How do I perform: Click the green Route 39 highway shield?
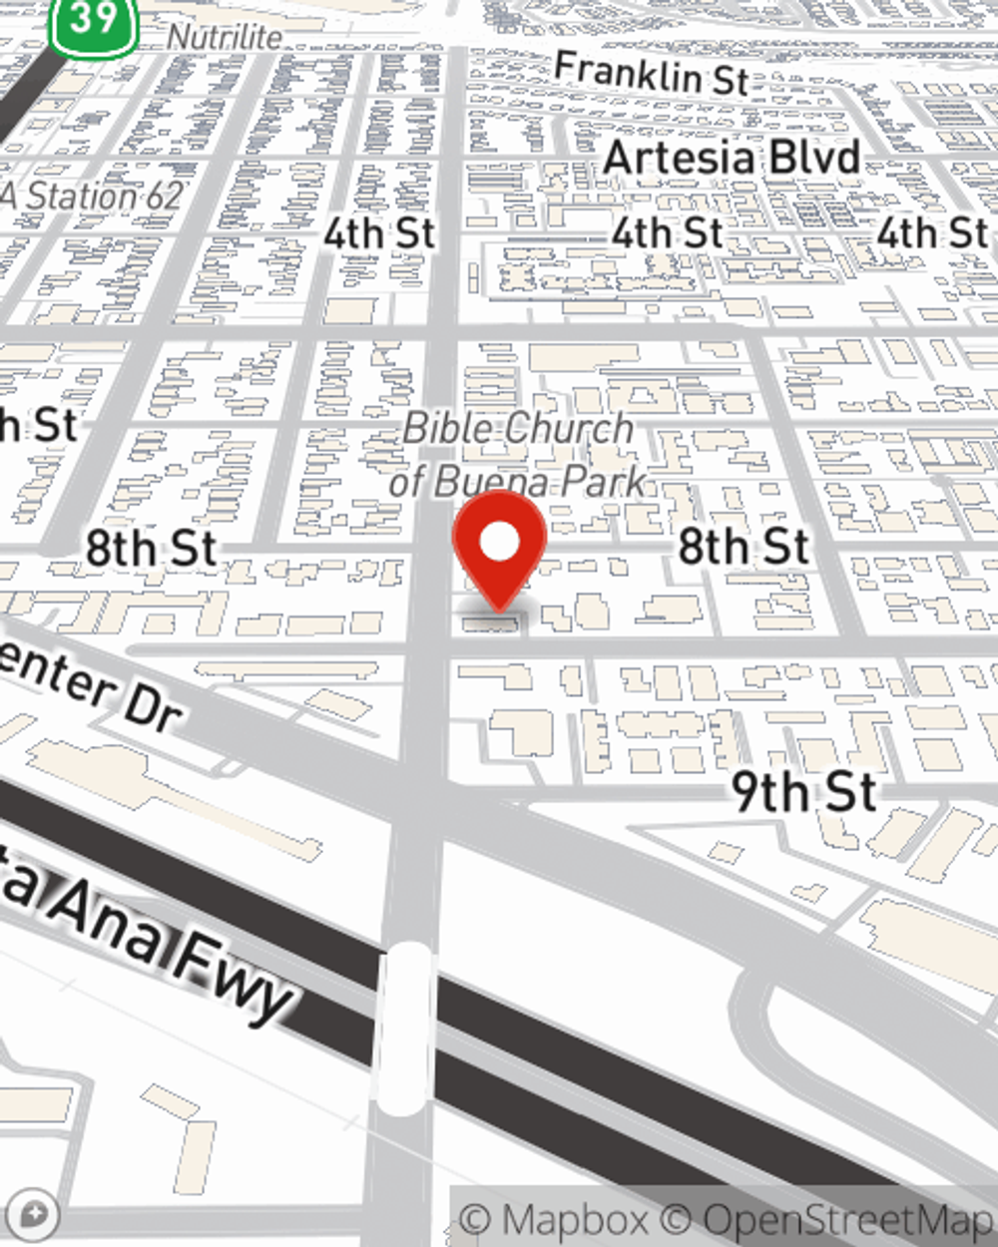coord(94,22)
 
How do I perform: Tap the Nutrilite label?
coord(225,37)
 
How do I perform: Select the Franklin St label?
coord(651,74)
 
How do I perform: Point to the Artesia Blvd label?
coord(732,158)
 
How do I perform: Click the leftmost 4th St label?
coord(379,233)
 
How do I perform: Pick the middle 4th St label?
coord(667,233)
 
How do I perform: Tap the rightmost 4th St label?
coord(932,233)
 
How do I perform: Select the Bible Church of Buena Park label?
coord(518,455)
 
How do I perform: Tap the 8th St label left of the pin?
coord(151,548)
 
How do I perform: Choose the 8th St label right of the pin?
coord(744,546)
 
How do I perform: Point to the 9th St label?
coord(804,791)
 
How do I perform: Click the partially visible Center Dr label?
coord(90,688)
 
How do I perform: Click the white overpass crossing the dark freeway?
coord(406,1028)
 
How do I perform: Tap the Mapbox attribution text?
coord(554,1219)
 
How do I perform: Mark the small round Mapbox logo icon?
coord(33,1215)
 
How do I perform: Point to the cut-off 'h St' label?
coord(38,426)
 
